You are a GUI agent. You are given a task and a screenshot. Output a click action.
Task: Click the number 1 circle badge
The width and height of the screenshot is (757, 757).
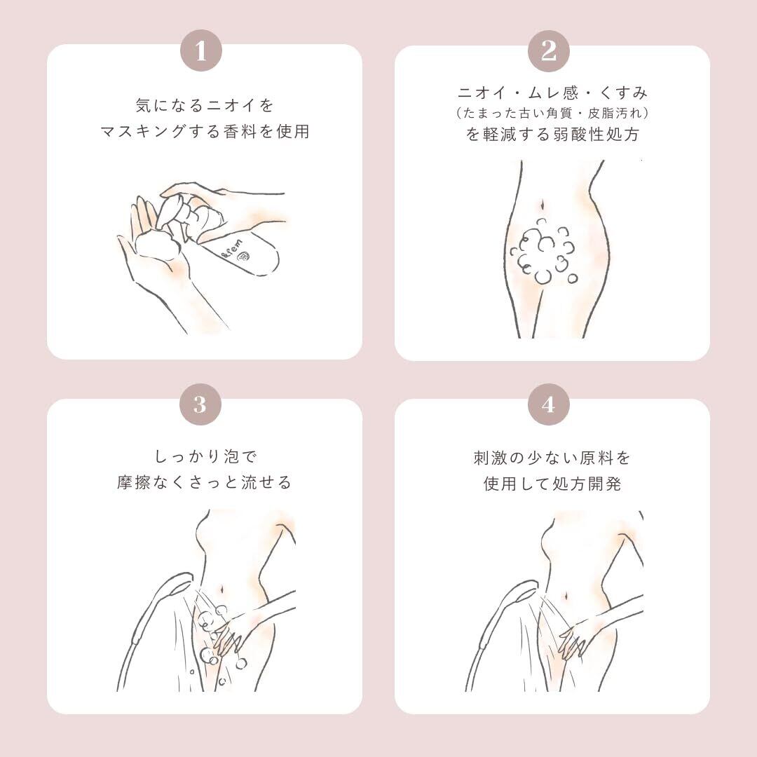(201, 50)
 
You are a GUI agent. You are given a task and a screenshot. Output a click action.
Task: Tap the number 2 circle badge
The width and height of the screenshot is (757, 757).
(548, 50)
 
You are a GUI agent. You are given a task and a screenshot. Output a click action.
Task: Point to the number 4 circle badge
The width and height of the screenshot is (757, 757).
(548, 404)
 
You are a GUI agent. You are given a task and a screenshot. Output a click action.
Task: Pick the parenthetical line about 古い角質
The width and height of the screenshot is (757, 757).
(552, 113)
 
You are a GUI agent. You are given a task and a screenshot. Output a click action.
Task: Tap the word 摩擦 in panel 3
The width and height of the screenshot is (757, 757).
(134, 482)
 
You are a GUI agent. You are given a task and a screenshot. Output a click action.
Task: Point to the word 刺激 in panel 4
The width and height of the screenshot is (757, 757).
(489, 457)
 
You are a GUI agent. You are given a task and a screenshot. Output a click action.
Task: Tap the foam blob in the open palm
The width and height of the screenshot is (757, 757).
(158, 243)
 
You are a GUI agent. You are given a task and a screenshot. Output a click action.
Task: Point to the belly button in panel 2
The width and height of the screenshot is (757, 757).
(543, 205)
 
